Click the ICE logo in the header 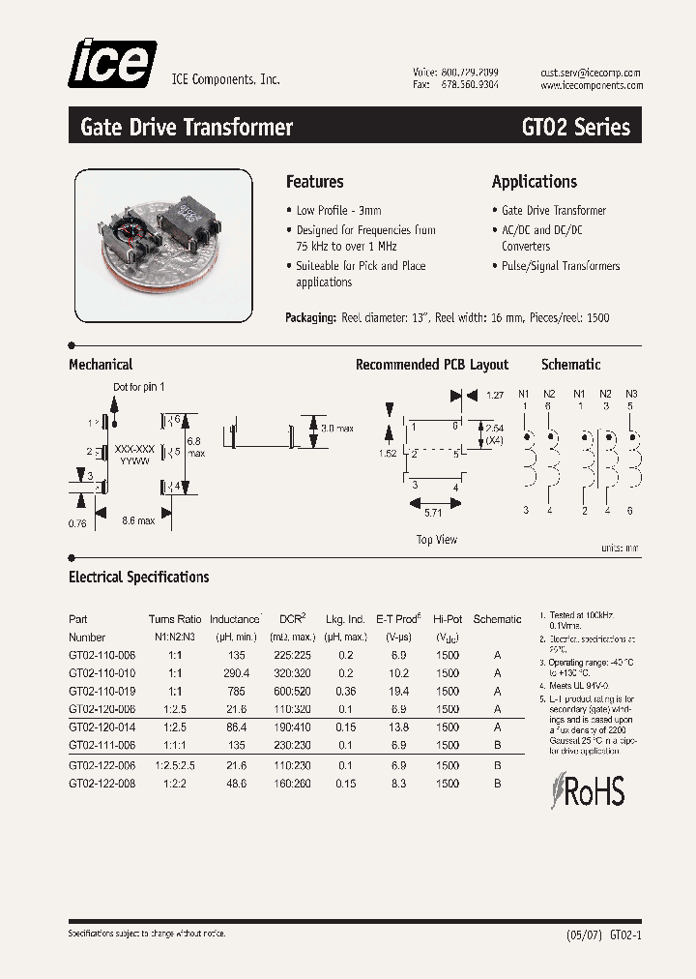(111, 64)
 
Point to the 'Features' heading (314, 182)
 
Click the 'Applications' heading (534, 182)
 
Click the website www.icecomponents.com (590, 86)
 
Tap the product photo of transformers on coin (163, 246)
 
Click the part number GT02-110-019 (102, 692)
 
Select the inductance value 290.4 (234, 673)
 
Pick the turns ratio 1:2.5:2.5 (175, 764)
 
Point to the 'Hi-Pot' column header (448, 619)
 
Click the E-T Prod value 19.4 (398, 692)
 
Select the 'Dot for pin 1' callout (139, 387)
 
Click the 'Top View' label (437, 540)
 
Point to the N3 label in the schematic (631, 394)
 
